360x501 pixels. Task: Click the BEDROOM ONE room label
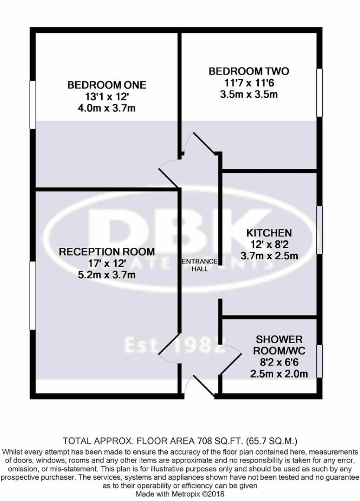[x=107, y=85]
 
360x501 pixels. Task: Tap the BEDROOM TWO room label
[x=249, y=71]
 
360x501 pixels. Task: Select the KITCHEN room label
[x=269, y=233]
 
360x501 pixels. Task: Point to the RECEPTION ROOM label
[x=107, y=252]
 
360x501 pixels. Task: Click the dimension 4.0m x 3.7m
[x=107, y=108]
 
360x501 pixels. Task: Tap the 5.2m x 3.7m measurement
[x=107, y=274]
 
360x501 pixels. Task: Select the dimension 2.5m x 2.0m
[x=279, y=373]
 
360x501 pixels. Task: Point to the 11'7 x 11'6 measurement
[x=249, y=83]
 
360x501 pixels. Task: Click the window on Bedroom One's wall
[x=33, y=104]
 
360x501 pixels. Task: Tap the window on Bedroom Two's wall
[x=319, y=92]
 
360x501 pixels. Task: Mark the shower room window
[x=320, y=361]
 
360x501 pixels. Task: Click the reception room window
[x=33, y=295]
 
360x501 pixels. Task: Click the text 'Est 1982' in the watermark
[x=174, y=345]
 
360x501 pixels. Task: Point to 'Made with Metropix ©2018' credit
[x=180, y=494]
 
